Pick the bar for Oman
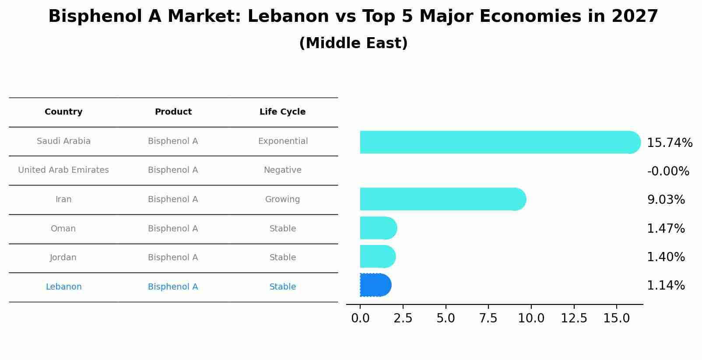coord(378,228)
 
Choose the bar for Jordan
coord(377,256)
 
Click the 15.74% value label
coord(669,143)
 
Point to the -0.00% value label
coord(668,171)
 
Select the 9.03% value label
coord(666,200)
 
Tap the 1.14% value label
coord(666,286)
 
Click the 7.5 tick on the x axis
coord(488,318)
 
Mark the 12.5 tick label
coord(574,318)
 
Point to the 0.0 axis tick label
coord(360,318)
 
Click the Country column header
coord(63,112)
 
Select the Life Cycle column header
coord(282,112)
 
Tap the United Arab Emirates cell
coord(63,170)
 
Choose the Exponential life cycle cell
coord(283,141)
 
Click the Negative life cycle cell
coord(282,170)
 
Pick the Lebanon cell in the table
coord(63,287)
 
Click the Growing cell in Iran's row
coord(282,199)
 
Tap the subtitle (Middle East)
coord(353,43)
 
